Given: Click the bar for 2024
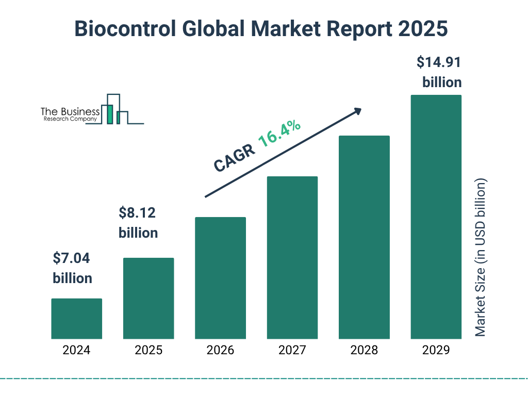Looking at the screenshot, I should tap(76, 319).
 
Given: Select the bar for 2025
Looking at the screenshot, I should tap(148, 298).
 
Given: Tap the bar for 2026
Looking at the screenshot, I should tap(220, 278).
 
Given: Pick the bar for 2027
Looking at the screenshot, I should tap(292, 257).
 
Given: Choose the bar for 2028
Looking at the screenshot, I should tap(364, 237).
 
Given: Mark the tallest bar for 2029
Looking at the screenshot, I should tap(436, 217).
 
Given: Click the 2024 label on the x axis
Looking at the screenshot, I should tap(76, 351).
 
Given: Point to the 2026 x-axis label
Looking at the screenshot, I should tap(220, 351).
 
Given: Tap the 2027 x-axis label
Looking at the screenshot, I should tap(292, 351).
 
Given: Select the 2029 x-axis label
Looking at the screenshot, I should tap(436, 351).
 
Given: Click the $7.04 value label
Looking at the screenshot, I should tap(72, 258).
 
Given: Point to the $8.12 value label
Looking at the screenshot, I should tap(138, 212).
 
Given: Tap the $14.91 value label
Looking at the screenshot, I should tap(439, 63).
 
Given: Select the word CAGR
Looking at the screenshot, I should tap(234, 157).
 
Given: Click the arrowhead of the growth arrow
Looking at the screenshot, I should tap(357, 111).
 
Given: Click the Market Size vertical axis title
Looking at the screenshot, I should tap(481, 258).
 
